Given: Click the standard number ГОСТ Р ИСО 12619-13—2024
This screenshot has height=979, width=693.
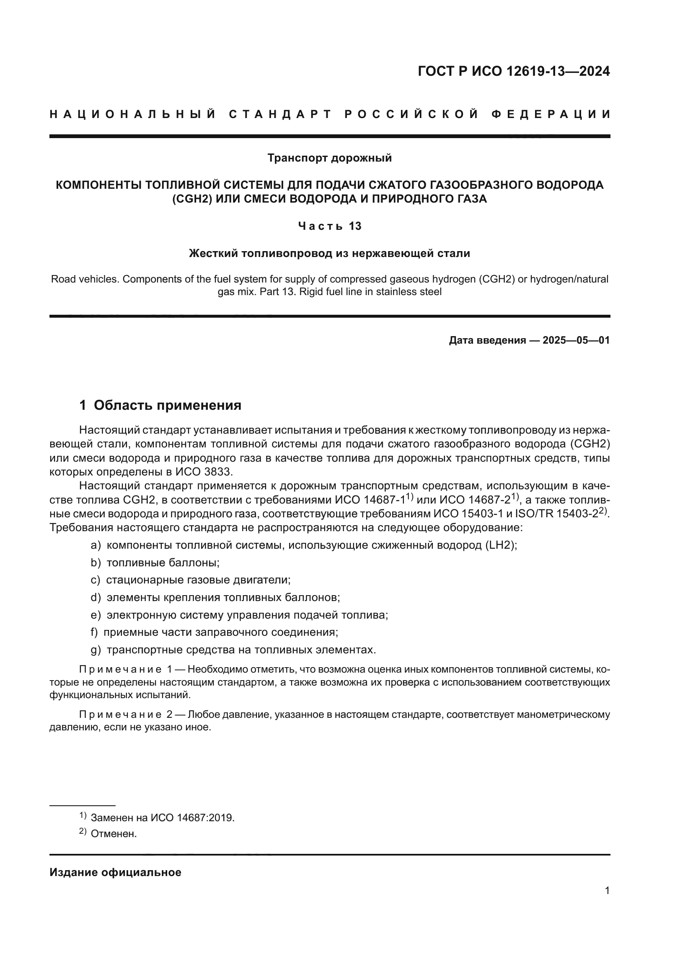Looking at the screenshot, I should [x=514, y=71].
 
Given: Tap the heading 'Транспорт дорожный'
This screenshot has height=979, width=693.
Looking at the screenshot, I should [x=329, y=158].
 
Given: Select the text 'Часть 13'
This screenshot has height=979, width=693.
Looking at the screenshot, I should [x=329, y=226].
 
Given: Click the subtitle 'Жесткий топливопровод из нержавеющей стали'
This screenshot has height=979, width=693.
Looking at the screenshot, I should [x=329, y=254].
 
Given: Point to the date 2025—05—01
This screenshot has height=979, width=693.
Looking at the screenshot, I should [x=576, y=340].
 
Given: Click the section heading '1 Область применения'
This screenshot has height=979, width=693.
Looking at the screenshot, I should [x=160, y=405].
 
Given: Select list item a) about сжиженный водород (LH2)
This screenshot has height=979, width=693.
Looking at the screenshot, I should [x=304, y=545].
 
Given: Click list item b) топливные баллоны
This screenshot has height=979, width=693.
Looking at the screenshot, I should [x=155, y=563].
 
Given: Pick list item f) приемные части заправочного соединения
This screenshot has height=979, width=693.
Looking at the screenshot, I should [x=214, y=632].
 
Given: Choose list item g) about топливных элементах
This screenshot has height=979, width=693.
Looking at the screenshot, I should [x=233, y=650].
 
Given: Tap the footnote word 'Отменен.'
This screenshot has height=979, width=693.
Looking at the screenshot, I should [x=114, y=834].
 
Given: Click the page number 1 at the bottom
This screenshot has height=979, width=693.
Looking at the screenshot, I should [x=607, y=891].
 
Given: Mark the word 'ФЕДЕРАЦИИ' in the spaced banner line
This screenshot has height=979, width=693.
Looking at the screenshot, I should [x=551, y=114].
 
